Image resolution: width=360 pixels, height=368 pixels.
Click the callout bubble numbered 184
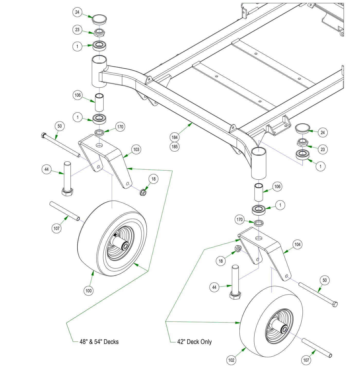click(x=175, y=137)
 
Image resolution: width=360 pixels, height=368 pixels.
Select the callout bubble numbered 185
click(x=175, y=147)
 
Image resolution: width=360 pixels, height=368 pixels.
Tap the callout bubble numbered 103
click(x=136, y=149)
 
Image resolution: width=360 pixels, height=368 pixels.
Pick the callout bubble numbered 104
click(x=297, y=244)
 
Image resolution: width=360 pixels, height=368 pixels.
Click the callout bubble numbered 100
click(x=88, y=291)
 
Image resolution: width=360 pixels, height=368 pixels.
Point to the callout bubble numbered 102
click(x=231, y=360)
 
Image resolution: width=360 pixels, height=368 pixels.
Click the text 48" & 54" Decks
click(x=99, y=342)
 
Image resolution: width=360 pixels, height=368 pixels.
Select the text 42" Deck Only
click(x=194, y=342)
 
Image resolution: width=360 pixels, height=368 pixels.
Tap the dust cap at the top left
click(x=99, y=19)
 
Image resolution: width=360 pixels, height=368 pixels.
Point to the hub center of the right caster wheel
click(x=284, y=329)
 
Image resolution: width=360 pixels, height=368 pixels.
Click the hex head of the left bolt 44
click(x=67, y=192)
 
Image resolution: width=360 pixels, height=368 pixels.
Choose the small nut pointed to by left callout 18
click(x=143, y=192)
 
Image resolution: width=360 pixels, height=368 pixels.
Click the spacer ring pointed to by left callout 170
click(x=99, y=133)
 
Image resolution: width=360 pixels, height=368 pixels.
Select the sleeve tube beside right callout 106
click(x=259, y=192)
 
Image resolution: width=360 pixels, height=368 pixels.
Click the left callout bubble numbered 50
click(x=60, y=126)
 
